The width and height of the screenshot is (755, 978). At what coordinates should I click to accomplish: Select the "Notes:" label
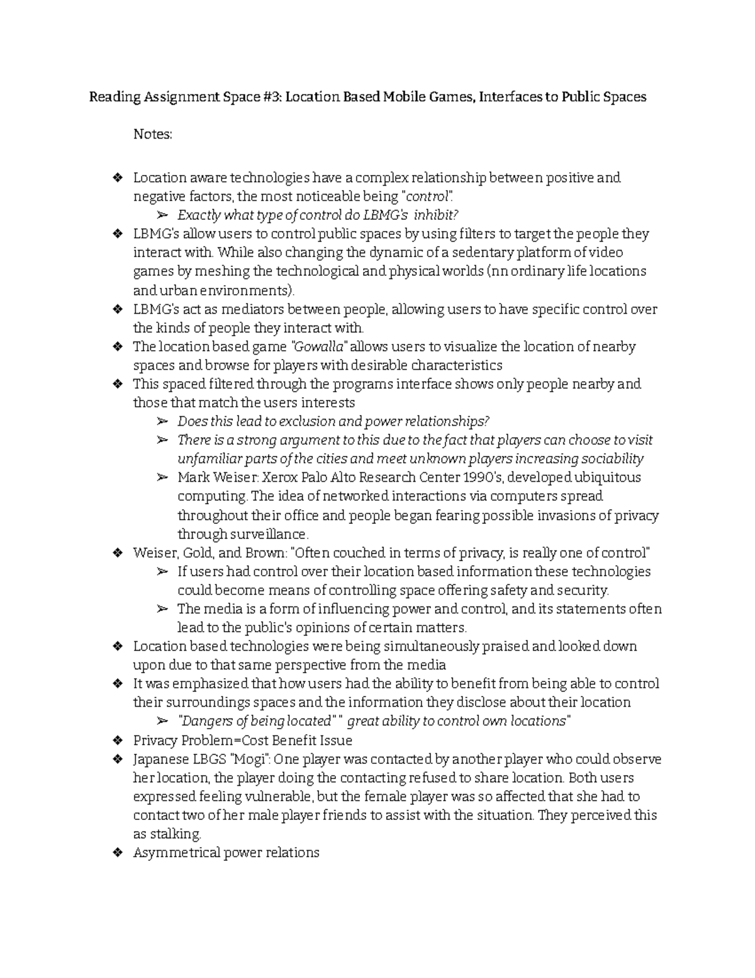[152, 134]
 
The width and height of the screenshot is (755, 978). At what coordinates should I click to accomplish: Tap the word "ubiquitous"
[610, 477]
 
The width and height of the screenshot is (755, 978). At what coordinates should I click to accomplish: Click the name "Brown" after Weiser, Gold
[267, 553]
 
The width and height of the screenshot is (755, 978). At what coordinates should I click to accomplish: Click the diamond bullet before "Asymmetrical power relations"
[116, 853]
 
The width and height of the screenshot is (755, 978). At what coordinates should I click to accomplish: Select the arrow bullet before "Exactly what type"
[162, 215]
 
